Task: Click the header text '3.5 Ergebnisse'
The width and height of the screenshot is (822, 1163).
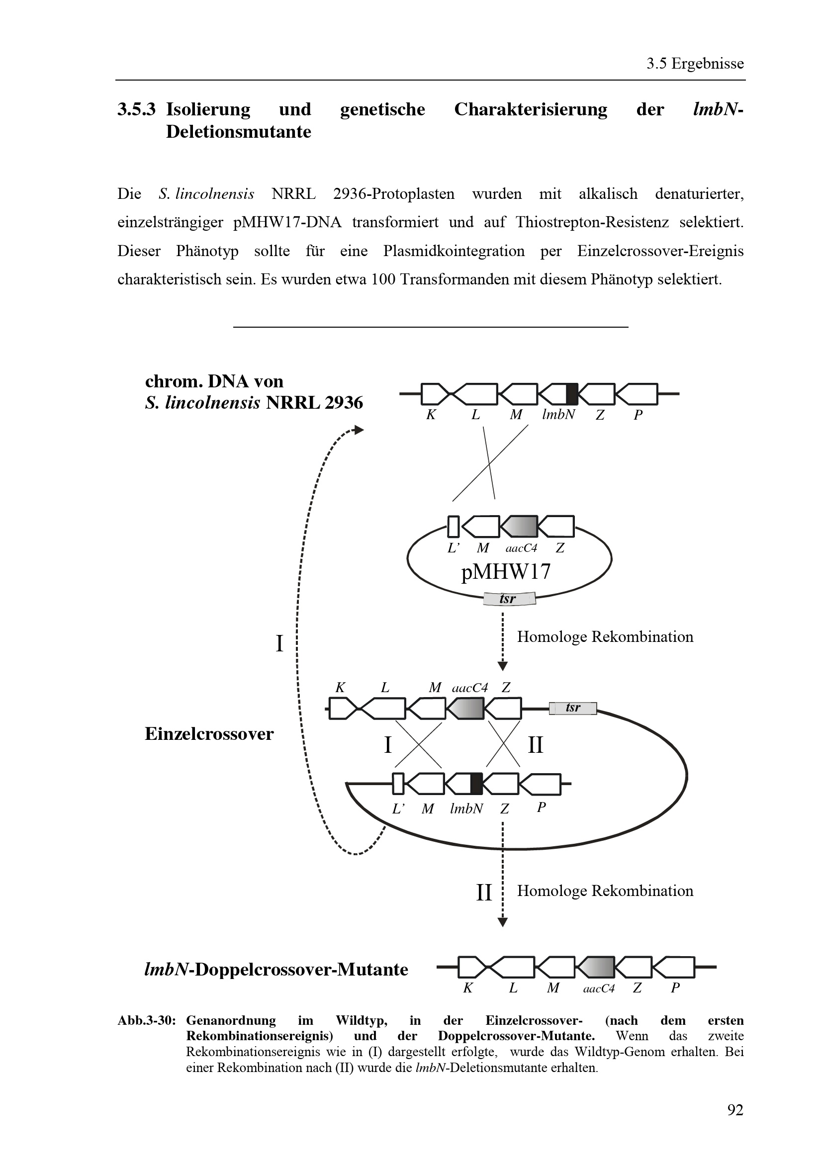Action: click(695, 64)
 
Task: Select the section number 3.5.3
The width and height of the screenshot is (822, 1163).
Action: click(136, 109)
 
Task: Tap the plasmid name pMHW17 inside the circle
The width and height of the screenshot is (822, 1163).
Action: click(505, 572)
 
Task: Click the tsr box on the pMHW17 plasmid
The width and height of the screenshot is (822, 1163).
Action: click(509, 599)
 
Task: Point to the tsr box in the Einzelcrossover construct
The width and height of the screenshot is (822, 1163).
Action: click(573, 708)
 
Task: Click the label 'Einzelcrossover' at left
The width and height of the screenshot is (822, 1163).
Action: click(209, 734)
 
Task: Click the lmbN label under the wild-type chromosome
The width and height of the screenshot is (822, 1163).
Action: click(558, 415)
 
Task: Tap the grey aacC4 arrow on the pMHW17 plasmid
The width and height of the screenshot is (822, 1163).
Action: click(519, 526)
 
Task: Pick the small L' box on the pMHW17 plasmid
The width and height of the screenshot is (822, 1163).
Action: click(454, 526)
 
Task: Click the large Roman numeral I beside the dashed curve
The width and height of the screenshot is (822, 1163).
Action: click(279, 644)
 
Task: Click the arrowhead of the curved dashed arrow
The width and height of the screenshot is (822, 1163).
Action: click(359, 430)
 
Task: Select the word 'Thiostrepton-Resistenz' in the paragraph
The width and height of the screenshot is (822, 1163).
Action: click(592, 222)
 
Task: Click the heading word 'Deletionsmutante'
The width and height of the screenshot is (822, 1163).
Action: click(239, 132)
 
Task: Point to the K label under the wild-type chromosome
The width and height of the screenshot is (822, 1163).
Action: click(431, 415)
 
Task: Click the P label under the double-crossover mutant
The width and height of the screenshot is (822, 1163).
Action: click(675, 988)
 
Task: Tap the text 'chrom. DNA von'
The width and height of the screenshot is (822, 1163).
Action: click(214, 381)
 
